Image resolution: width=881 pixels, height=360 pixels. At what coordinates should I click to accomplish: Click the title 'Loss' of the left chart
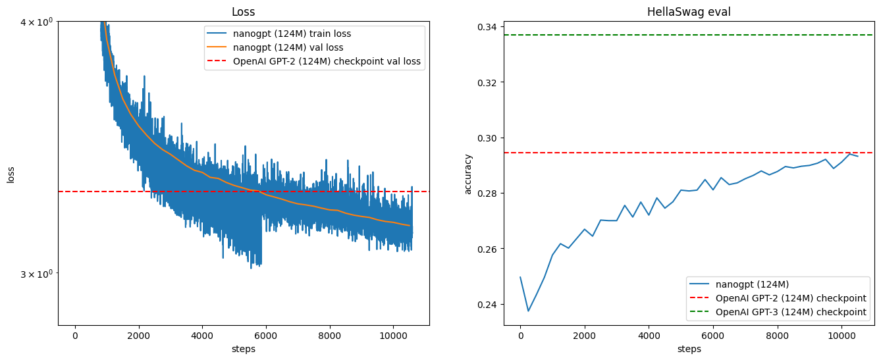click(244, 12)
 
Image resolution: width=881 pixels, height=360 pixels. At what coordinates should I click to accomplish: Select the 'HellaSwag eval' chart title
click(689, 12)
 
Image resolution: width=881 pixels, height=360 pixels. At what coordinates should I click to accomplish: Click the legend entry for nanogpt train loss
click(297, 34)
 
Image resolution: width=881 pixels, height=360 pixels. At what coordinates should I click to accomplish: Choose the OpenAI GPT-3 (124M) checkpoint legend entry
click(790, 312)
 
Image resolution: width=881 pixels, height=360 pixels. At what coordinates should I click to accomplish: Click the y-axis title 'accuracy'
click(468, 174)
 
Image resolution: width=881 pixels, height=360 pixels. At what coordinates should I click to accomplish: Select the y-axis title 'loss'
click(11, 174)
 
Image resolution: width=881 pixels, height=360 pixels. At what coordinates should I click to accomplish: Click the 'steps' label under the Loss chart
click(244, 349)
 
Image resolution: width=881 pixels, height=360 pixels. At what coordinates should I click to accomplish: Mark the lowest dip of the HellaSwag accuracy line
click(528, 311)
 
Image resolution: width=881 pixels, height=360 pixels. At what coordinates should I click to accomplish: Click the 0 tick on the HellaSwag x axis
click(520, 335)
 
